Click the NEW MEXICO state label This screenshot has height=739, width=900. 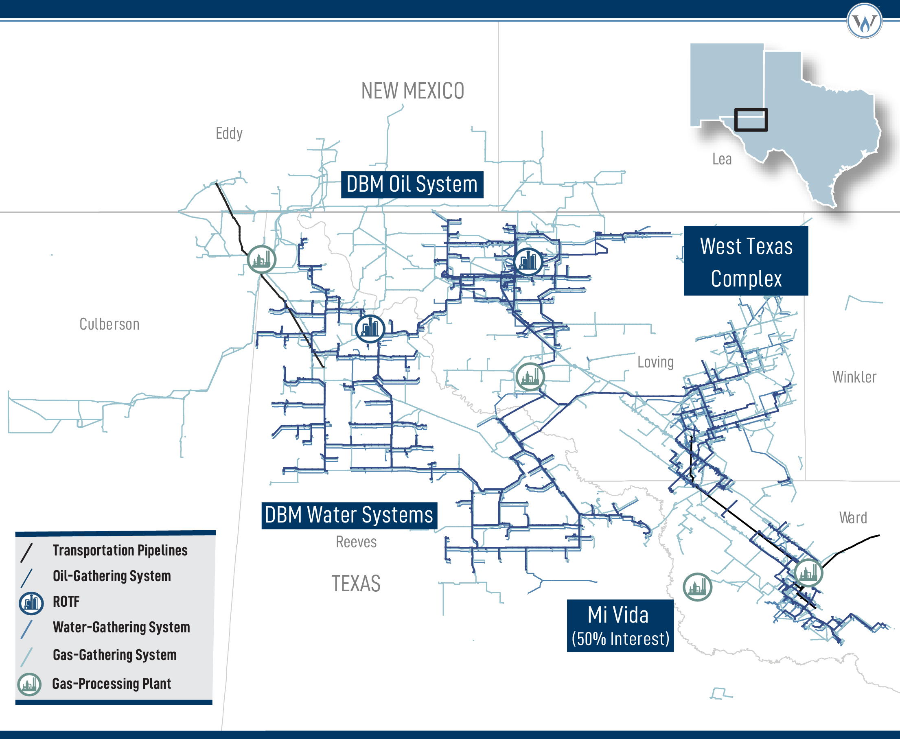pos(412,91)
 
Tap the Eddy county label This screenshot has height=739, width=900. pos(229,133)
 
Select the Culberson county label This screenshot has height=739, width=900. pos(109,324)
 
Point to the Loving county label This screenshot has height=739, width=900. pos(655,362)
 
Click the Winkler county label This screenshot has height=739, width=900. pos(854,377)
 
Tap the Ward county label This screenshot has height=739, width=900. pos(853,518)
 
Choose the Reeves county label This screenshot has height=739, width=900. pos(356,542)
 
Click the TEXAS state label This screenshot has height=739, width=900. pos(356,584)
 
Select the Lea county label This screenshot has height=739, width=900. pos(722,159)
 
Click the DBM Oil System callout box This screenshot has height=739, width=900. pos(412,185)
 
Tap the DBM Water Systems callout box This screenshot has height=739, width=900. pos(349,515)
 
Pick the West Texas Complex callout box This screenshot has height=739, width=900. pos(746,261)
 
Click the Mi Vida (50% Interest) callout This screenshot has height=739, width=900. pos(620,626)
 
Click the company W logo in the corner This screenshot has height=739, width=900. pos(864,21)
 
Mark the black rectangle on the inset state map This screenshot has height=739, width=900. pos(751,120)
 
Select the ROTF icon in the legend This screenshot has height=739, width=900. pos(31,603)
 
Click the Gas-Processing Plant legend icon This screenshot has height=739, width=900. pos(29,684)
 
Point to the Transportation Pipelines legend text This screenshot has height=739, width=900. pos(120,551)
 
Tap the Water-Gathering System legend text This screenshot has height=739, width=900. pos(121,627)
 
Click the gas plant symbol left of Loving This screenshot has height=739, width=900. pos(530,377)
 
